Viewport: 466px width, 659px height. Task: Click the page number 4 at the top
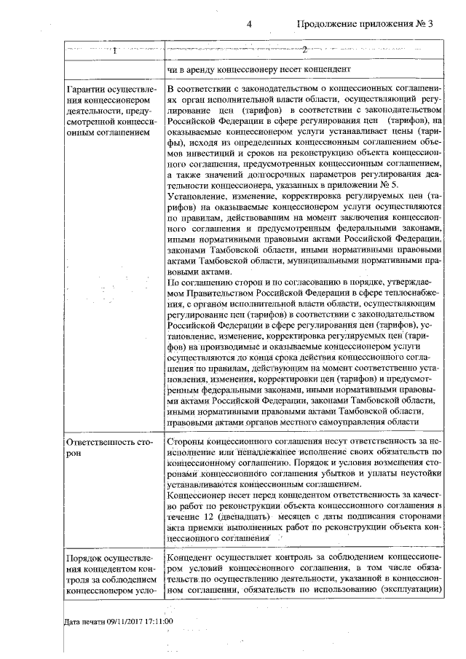point(249,23)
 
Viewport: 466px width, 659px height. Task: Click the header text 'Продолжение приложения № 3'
point(365,23)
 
